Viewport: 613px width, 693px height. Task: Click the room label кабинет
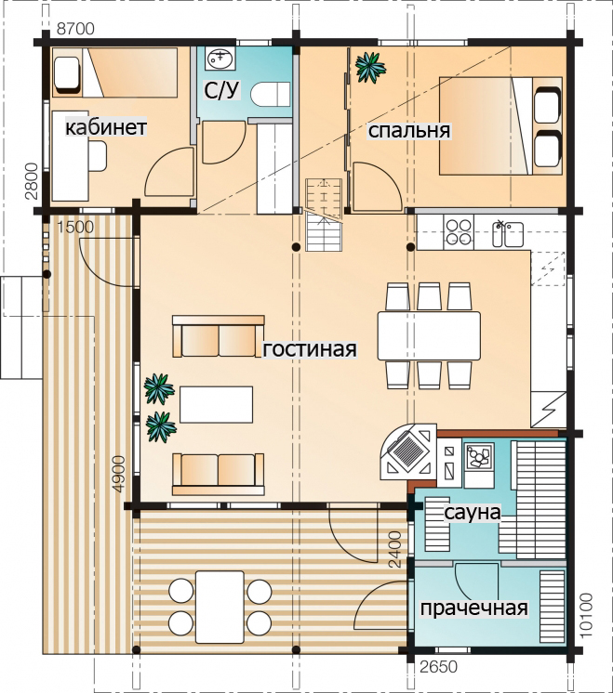coord(106,127)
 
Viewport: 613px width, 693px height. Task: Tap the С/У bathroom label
coord(221,90)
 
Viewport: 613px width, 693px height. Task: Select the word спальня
coord(409,131)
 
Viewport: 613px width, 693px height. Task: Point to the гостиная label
coord(310,348)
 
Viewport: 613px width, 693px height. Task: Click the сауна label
coord(472,513)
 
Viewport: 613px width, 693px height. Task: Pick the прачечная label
coord(474,608)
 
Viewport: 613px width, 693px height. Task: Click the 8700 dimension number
coord(75,29)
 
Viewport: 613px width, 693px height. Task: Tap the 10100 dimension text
coord(585,615)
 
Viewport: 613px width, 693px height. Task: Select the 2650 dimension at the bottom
coord(438,667)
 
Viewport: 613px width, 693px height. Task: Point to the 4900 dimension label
coord(119,474)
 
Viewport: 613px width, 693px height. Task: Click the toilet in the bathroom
coord(271,94)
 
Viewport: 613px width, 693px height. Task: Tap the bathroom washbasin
coord(220,59)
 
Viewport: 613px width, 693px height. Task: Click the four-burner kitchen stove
coord(458,232)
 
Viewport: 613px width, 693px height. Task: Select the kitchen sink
coord(508,233)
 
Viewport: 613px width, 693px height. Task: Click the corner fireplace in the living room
coord(408,451)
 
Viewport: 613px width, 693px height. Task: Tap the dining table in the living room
coord(429,335)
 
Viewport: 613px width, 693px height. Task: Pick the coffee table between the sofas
coord(216,404)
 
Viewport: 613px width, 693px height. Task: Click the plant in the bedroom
coord(370,67)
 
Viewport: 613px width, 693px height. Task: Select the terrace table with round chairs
coord(220,607)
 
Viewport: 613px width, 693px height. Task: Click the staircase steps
coord(324,215)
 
